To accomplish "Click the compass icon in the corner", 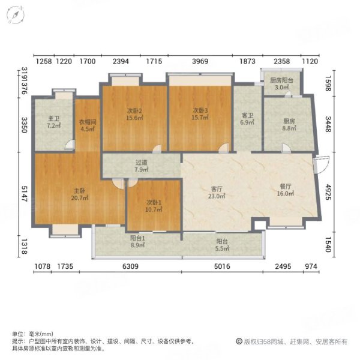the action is [16, 15].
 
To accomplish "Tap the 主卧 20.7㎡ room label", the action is [79, 194].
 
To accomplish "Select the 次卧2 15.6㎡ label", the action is [134, 115].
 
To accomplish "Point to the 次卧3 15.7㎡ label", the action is [200, 114].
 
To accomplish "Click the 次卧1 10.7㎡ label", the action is [154, 206].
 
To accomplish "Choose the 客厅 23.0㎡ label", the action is [217, 193].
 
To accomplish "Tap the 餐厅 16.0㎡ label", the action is [286, 190].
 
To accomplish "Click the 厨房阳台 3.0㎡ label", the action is [282, 84].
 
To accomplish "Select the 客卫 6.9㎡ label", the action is [247, 119].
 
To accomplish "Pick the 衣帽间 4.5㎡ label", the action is [88, 125].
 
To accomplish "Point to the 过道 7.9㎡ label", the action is [142, 166].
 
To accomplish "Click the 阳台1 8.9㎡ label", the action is [137, 242].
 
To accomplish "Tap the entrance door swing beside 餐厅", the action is [321, 164].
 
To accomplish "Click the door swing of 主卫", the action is [70, 145].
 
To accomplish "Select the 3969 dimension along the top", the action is [200, 61].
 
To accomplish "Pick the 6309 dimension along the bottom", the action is [130, 266].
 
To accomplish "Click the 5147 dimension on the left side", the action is [25, 194].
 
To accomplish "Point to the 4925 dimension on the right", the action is [328, 192].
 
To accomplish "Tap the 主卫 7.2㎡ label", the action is [54, 122].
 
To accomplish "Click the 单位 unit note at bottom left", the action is [32, 334].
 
